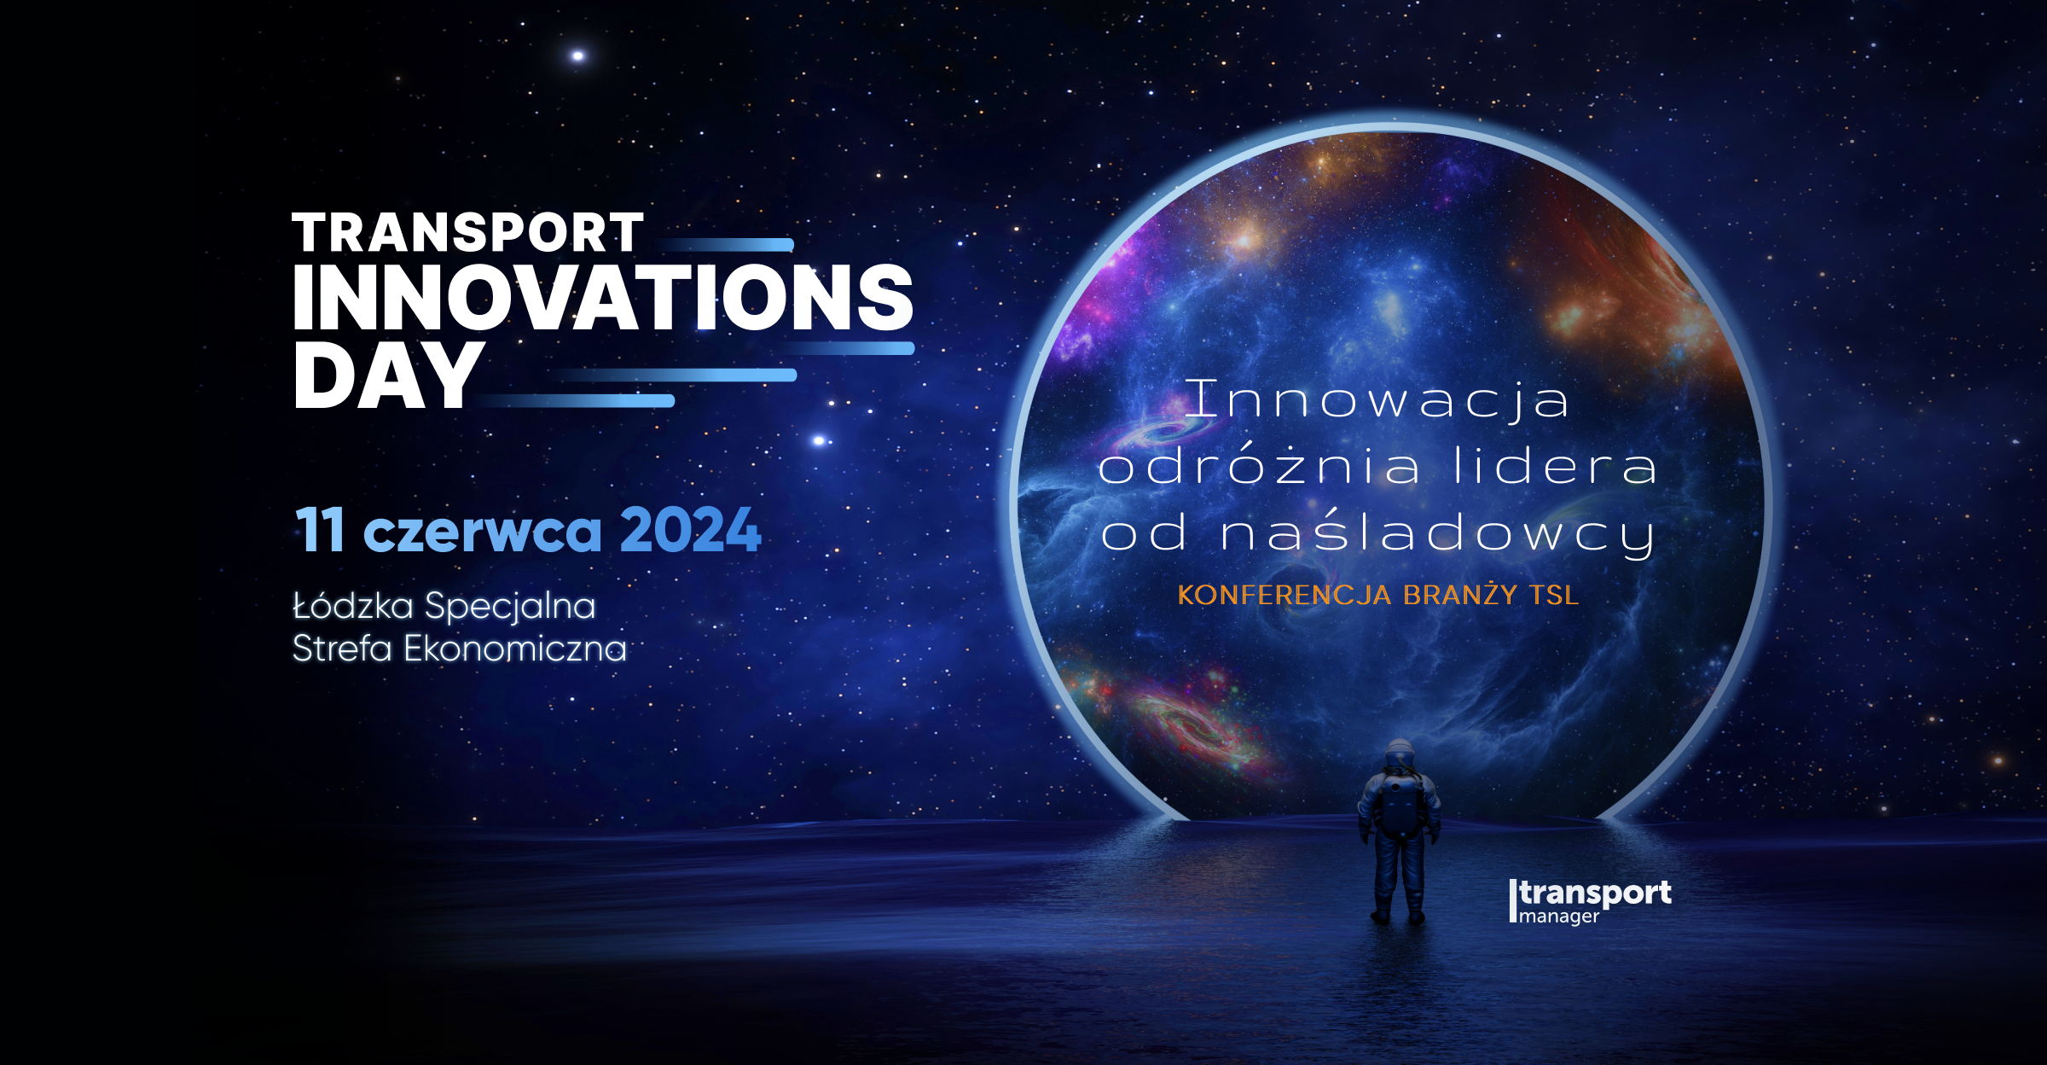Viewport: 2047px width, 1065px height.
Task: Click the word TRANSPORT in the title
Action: [467, 233]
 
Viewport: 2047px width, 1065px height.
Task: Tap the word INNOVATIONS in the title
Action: [603, 296]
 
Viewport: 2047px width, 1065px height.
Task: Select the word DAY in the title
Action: [389, 375]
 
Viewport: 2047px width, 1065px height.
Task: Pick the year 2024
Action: [690, 531]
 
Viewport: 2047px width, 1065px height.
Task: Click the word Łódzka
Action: [353, 606]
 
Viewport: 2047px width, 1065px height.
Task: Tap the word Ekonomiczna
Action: [515, 649]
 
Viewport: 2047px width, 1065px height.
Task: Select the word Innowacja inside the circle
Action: [1377, 399]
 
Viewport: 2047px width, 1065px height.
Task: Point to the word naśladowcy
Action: [1438, 534]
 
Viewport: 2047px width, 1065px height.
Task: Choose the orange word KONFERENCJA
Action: [1284, 595]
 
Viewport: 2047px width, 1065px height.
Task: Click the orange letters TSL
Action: [1552, 595]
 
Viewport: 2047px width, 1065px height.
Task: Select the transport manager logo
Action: [1590, 901]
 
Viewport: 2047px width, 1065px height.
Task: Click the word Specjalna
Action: [510, 608]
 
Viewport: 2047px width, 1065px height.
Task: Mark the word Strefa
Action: [343, 649]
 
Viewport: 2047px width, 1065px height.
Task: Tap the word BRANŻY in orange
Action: [1459, 594]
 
